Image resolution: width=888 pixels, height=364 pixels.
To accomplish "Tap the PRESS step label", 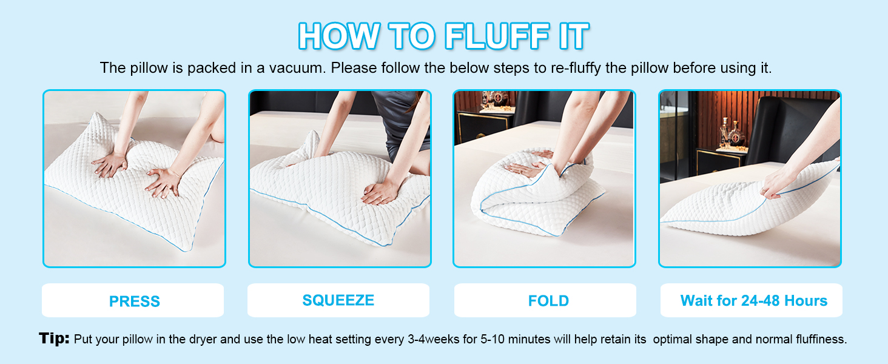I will click(x=134, y=302).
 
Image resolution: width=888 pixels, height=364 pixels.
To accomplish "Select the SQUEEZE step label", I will click(x=338, y=300).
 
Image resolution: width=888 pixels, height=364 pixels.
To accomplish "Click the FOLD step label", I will click(x=548, y=301).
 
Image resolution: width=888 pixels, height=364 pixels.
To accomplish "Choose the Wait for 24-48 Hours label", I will click(x=753, y=301).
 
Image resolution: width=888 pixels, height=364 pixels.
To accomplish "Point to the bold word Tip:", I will click(x=54, y=339).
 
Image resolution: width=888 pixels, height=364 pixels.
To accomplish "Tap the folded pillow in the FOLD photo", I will click(x=534, y=194).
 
